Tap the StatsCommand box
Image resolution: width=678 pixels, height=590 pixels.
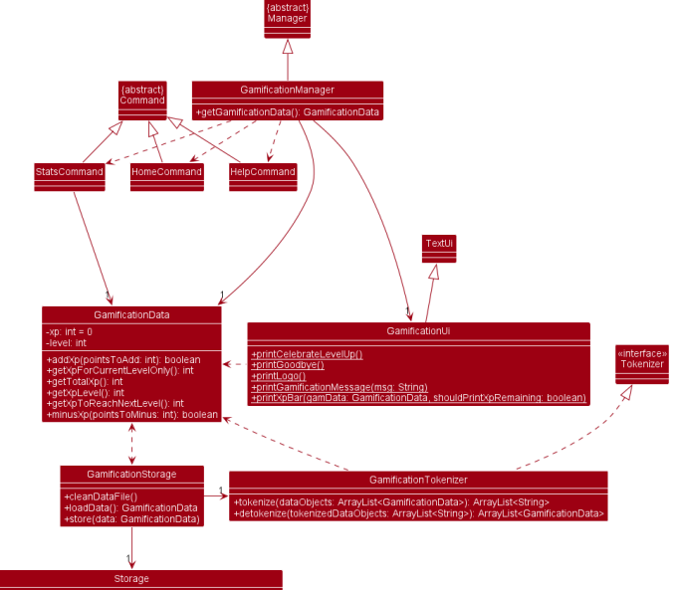[69, 172]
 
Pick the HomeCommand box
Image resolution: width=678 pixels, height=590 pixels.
[166, 172]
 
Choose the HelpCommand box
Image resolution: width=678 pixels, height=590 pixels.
[262, 172]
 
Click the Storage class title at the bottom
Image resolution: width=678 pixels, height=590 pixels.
[131, 578]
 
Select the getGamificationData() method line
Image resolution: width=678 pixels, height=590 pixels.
[287, 112]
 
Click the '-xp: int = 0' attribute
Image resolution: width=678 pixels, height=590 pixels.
[69, 331]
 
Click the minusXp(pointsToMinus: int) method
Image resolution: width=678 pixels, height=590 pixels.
[131, 414]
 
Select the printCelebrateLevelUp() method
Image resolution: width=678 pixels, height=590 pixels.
[307, 354]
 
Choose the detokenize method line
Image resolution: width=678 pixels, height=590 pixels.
[418, 513]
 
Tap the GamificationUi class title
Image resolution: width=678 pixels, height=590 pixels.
[418, 330]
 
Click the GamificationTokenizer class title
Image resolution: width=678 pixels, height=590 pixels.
[418, 480]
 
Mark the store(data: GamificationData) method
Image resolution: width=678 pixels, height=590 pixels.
[131, 518]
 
